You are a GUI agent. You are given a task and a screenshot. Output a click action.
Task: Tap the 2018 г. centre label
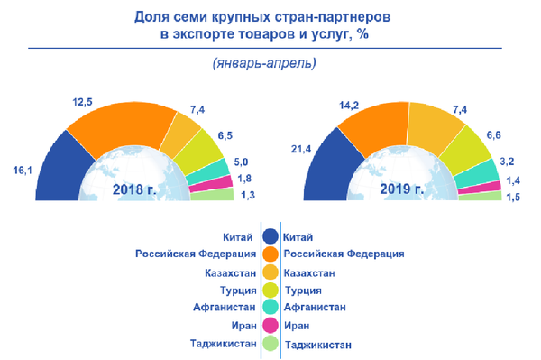135,189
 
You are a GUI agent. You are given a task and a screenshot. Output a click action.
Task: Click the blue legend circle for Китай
270,237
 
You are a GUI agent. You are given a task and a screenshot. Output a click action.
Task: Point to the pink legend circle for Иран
270,325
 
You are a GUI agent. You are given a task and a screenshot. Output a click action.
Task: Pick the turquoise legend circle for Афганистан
270,308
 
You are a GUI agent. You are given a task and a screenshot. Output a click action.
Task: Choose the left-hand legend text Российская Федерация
196,254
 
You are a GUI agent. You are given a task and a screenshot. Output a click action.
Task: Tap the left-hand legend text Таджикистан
224,343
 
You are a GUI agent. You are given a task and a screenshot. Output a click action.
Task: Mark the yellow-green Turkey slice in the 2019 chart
468,147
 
